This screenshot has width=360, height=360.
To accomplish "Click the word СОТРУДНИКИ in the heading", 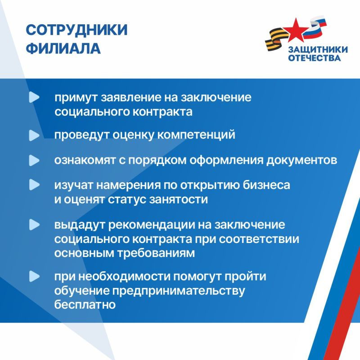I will tap(76, 30).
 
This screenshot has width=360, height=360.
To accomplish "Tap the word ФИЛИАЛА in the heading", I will tap(63, 48).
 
